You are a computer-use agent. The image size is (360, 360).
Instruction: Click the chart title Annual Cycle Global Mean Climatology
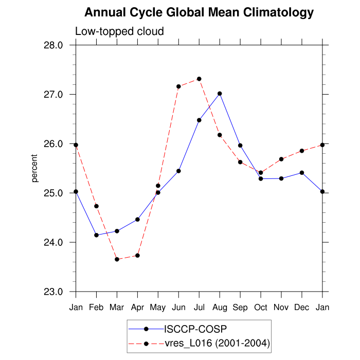[x=199, y=12]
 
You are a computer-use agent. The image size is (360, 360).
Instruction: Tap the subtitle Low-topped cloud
[x=119, y=31]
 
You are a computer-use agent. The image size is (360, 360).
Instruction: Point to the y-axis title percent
[x=35, y=168]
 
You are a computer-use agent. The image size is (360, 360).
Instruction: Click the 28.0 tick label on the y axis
[x=52, y=45]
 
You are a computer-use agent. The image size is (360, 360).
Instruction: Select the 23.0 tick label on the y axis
[x=52, y=292]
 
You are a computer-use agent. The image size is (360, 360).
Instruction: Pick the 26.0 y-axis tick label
[x=52, y=144]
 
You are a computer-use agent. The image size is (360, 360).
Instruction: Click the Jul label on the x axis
[x=199, y=307]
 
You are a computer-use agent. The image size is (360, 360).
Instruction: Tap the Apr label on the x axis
[x=137, y=307]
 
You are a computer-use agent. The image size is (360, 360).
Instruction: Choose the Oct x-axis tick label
[x=261, y=307]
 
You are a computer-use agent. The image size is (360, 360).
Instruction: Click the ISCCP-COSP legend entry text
[x=195, y=329]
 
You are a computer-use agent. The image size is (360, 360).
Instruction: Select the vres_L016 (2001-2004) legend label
[x=217, y=343]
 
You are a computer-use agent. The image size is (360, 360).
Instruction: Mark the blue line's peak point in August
[x=220, y=94]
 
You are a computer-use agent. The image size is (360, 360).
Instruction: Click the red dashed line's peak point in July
[x=199, y=79]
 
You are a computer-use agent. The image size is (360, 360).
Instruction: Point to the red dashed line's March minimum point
[x=117, y=259]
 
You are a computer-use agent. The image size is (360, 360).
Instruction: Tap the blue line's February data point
[x=96, y=235]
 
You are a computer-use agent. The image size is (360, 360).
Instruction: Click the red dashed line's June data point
[x=178, y=86]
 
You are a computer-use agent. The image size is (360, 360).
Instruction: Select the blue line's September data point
[x=240, y=146]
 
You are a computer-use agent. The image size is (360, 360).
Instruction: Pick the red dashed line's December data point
[x=302, y=151]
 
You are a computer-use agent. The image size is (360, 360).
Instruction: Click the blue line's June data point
[x=178, y=171]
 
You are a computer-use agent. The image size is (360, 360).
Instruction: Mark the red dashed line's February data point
[x=96, y=206]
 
